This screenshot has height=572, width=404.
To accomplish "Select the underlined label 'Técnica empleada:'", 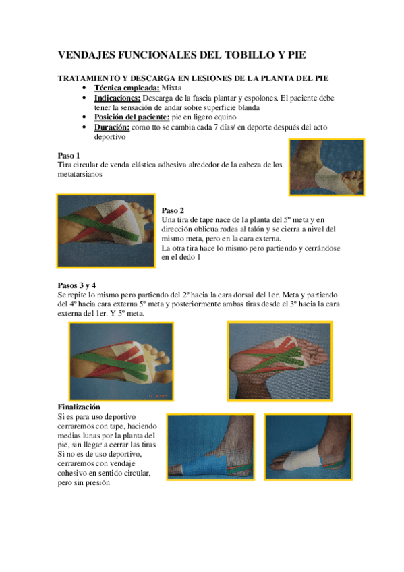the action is tap(127, 88).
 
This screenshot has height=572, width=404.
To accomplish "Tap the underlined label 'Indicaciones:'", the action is tap(117, 98).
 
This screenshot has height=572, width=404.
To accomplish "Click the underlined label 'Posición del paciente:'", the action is tap(132, 117).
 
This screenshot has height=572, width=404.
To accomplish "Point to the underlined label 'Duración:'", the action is tap(111, 127).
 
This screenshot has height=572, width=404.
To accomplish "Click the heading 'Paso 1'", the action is tap(69, 156).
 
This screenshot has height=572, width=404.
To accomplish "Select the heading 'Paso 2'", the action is tap(173, 210).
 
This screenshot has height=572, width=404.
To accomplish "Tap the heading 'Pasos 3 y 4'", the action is tap(77, 285).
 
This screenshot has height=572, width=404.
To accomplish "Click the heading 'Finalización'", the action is tap(79, 407).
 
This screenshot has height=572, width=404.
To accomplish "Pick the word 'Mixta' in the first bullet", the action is tap(171, 88).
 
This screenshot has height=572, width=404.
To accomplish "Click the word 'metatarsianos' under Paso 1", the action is tap(80, 175).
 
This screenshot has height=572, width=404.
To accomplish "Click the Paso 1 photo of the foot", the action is tap(326, 167).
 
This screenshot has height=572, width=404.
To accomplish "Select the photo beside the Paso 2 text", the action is tap(106, 231).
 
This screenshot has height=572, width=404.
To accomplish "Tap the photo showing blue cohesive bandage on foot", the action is tap(210, 447).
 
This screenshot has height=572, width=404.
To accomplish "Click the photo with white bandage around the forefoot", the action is tap(308, 447).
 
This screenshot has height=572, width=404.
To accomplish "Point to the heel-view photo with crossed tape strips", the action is tap(280, 361).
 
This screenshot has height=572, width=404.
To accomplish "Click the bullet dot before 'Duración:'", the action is tap(84, 127).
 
